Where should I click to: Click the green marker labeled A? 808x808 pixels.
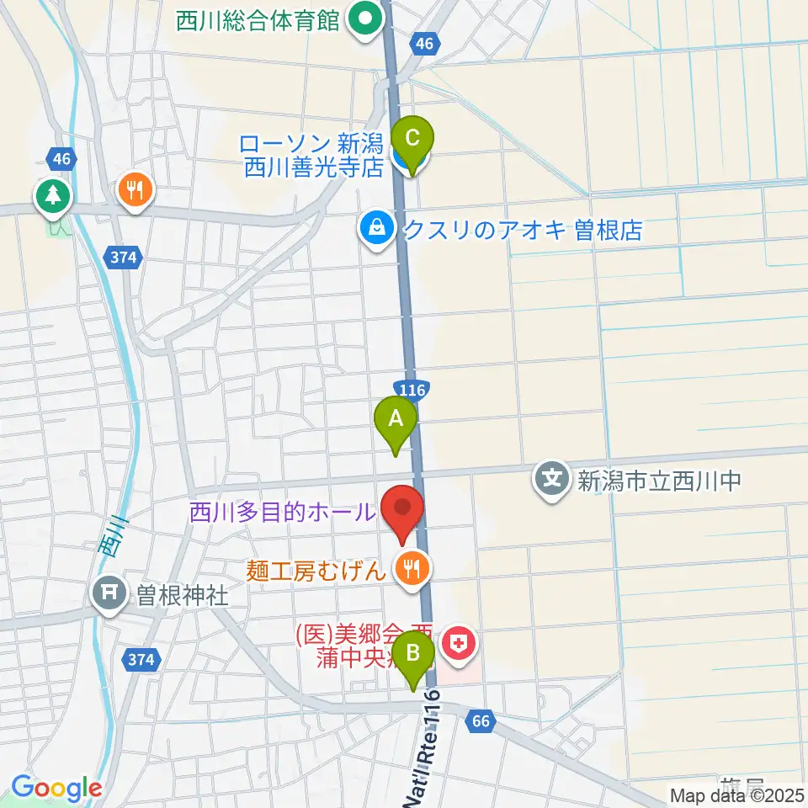point(396,418)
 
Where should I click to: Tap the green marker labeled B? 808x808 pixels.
point(414,654)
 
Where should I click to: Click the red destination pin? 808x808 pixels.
point(403,508)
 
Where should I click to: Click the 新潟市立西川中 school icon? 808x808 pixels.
point(552,481)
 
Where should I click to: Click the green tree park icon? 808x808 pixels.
point(53,196)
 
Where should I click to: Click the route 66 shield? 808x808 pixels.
point(481,721)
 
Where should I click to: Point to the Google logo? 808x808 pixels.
point(56,788)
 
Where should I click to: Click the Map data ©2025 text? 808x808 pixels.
point(736,795)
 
